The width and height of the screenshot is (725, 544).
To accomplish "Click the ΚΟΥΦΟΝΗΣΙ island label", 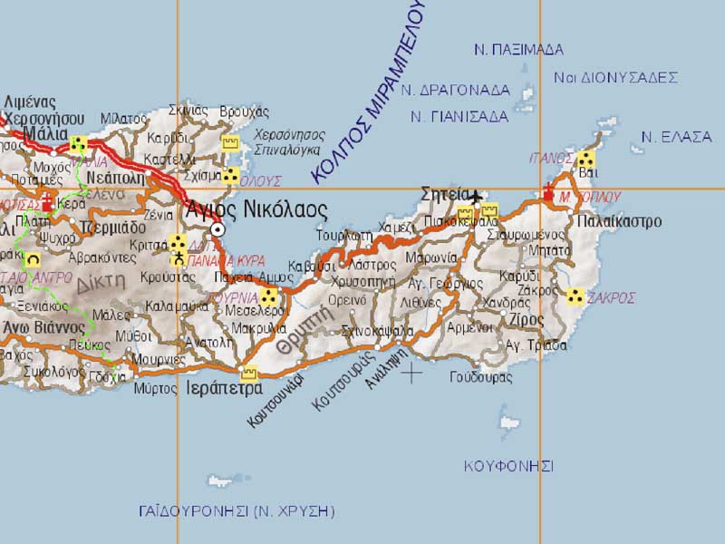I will pyautogui.click(x=508, y=465).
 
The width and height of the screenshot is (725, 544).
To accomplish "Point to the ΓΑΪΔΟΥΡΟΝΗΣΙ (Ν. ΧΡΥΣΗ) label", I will pyautogui.click(x=237, y=511).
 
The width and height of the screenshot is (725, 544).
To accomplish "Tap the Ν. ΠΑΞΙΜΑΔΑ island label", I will pyautogui.click(x=518, y=49).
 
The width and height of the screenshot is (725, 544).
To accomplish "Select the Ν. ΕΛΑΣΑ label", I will pyautogui.click(x=676, y=137).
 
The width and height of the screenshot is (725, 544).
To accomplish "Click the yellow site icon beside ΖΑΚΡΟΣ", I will pyautogui.click(x=575, y=296).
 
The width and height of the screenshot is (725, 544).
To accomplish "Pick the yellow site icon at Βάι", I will pyautogui.click(x=585, y=160).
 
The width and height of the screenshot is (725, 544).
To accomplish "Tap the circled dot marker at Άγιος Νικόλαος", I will pyautogui.click(x=217, y=230).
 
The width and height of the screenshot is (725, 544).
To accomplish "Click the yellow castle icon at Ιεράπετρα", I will pyautogui.click(x=249, y=372).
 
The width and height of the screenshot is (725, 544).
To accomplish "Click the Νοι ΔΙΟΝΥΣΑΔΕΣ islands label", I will pyautogui.click(x=616, y=77).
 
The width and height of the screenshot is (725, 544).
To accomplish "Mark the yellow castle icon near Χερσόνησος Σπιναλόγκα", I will pyautogui.click(x=231, y=143).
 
